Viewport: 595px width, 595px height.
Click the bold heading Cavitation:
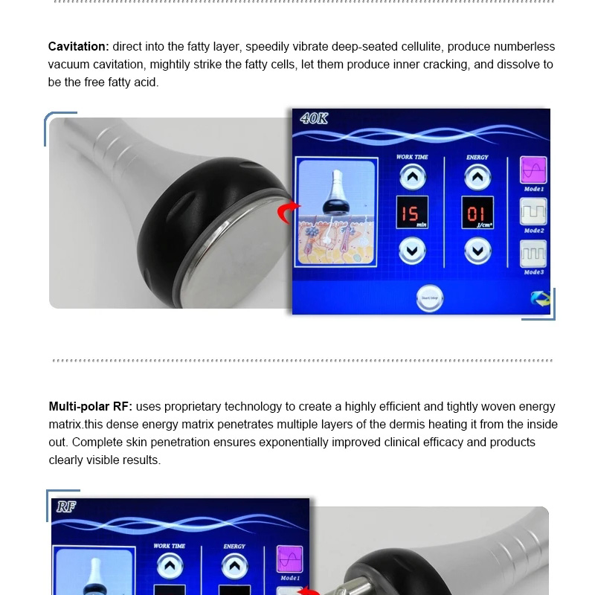click(77, 47)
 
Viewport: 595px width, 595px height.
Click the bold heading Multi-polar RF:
click(91, 407)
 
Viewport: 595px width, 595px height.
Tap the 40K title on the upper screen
click(315, 119)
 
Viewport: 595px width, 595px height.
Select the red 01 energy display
click(477, 213)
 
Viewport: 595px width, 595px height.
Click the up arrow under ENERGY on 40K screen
click(477, 177)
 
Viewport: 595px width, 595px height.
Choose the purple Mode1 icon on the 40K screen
click(533, 170)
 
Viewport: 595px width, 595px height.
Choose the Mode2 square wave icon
click(533, 212)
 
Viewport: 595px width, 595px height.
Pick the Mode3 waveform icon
click(533, 254)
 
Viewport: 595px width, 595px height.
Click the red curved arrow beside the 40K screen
click(289, 213)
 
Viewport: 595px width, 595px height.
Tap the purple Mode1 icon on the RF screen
click(289, 559)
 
